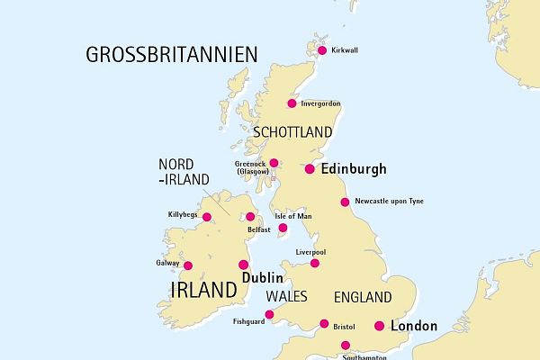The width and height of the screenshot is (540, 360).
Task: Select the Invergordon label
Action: pos(320,104)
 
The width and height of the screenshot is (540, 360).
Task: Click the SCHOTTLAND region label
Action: pos(293,131)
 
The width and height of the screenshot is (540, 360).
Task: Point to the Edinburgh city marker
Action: pos(310,169)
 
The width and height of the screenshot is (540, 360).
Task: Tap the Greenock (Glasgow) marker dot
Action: pos(274,163)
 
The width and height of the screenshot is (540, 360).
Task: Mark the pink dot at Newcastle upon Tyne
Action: pos(345,202)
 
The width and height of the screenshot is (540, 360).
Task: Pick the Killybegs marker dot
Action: pos(207,217)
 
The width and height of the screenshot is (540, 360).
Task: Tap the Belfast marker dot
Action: pos(250,216)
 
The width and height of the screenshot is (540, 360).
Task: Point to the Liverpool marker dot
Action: pos(315,263)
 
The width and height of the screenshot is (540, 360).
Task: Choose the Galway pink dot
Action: pos(188,265)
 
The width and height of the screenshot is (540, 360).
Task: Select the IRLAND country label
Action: pos(202,289)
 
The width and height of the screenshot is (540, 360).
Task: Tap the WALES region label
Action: pos(287,296)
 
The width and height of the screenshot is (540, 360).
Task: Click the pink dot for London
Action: pos(379,326)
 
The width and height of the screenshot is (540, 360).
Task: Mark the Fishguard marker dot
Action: pos(268,314)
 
